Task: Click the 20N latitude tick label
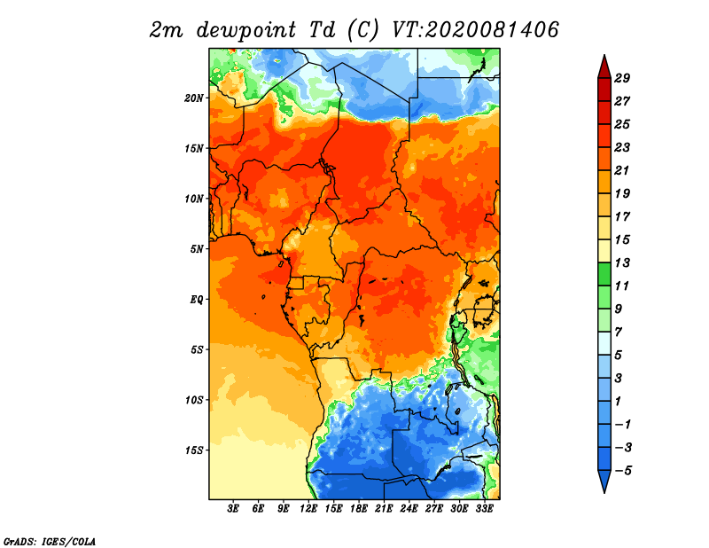pos(194,98)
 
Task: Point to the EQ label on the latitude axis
pos(197,300)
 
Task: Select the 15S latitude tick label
pos(194,450)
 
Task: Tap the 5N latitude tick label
pos(197,249)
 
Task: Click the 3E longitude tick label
pos(233,509)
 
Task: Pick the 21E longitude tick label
pos(384,509)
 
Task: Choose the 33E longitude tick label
pos(484,509)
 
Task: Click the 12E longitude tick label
pos(308,509)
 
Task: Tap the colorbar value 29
pos(622,78)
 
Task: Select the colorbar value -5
pos(623,471)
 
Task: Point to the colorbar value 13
pos(622,262)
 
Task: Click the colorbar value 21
pos(622,170)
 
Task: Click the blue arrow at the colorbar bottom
pos(604,480)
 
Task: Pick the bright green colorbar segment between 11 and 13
pos(604,274)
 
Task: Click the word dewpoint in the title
pos(245,31)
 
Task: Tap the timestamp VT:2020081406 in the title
pos(475,30)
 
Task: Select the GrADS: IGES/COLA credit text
pos(50,541)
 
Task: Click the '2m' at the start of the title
pos(166,31)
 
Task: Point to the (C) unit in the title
pos(362,31)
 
